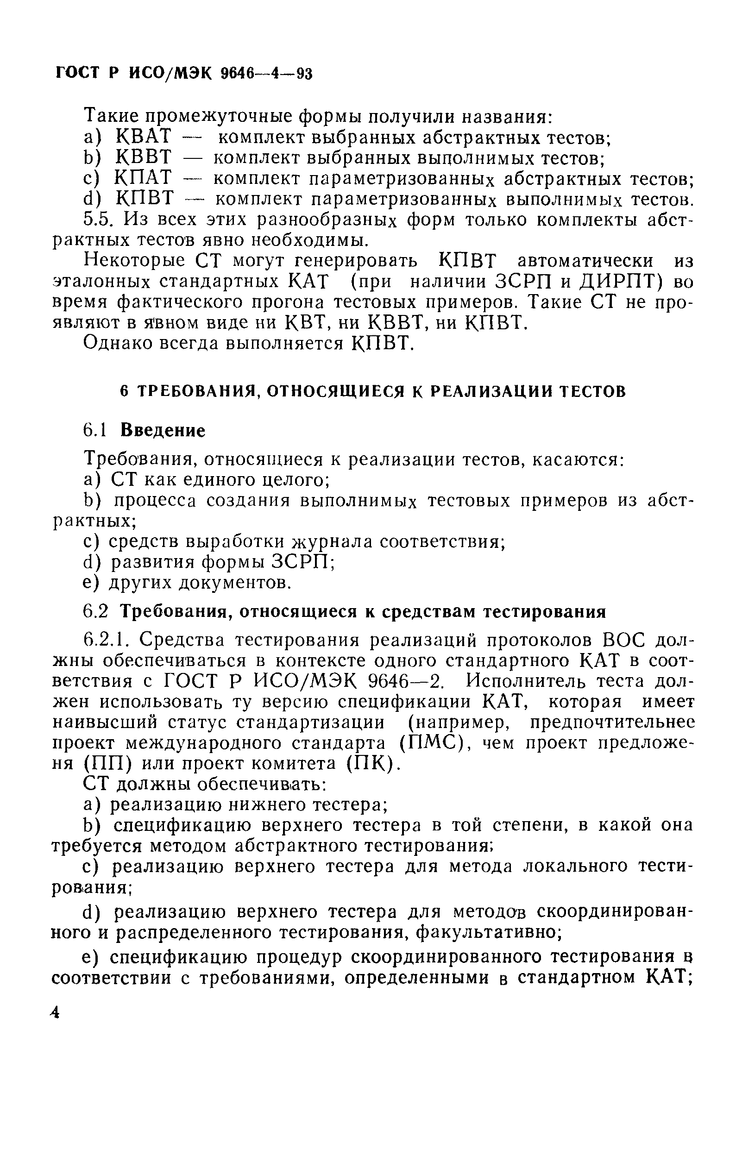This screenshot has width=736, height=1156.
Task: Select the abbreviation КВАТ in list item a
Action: [144, 137]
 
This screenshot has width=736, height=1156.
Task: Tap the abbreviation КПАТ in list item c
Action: [143, 178]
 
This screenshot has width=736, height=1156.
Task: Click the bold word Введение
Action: [163, 431]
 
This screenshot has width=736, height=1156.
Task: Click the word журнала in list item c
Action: [331, 542]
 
